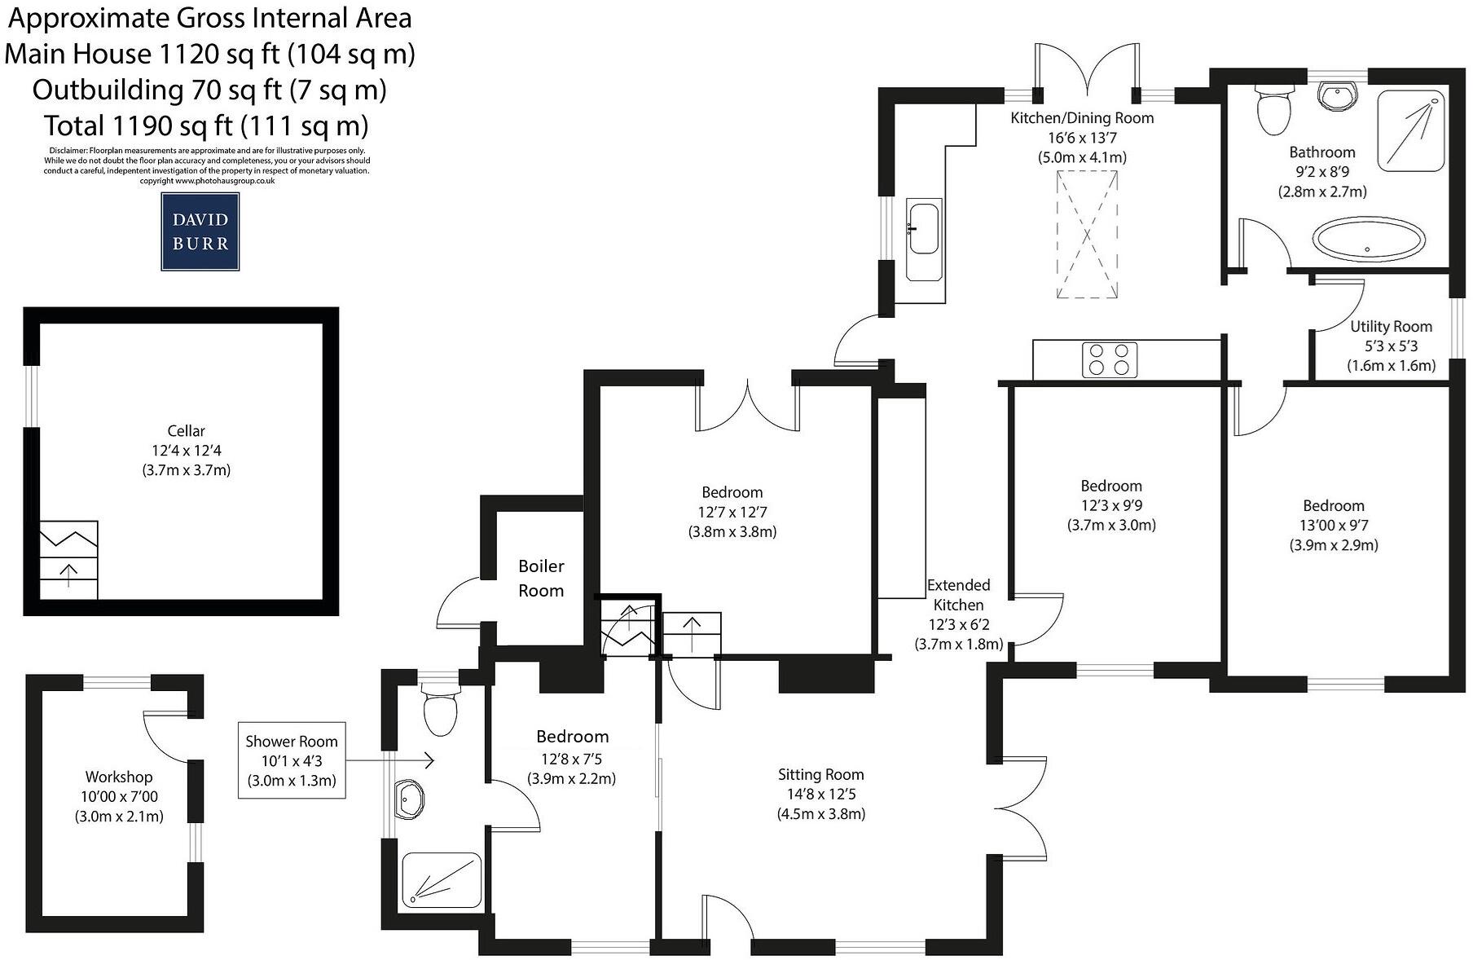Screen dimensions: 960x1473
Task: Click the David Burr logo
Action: (x=200, y=231)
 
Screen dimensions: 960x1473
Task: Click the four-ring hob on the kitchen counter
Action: (x=1109, y=359)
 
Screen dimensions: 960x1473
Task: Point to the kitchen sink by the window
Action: (x=924, y=229)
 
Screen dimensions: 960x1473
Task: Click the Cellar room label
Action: (x=186, y=431)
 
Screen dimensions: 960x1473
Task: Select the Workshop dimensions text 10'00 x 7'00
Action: (x=119, y=796)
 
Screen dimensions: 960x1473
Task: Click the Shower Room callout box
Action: (x=291, y=760)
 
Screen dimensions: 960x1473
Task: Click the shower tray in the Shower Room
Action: (x=441, y=880)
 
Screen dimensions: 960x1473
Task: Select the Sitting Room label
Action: (x=820, y=774)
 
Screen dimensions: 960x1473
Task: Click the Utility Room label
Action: (x=1391, y=326)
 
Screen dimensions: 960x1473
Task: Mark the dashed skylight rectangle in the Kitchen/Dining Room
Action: (x=1087, y=235)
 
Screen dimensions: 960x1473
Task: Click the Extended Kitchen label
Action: (x=958, y=595)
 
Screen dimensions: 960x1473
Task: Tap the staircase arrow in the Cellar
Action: (x=68, y=575)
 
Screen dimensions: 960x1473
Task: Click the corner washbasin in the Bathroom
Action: (x=1338, y=97)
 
